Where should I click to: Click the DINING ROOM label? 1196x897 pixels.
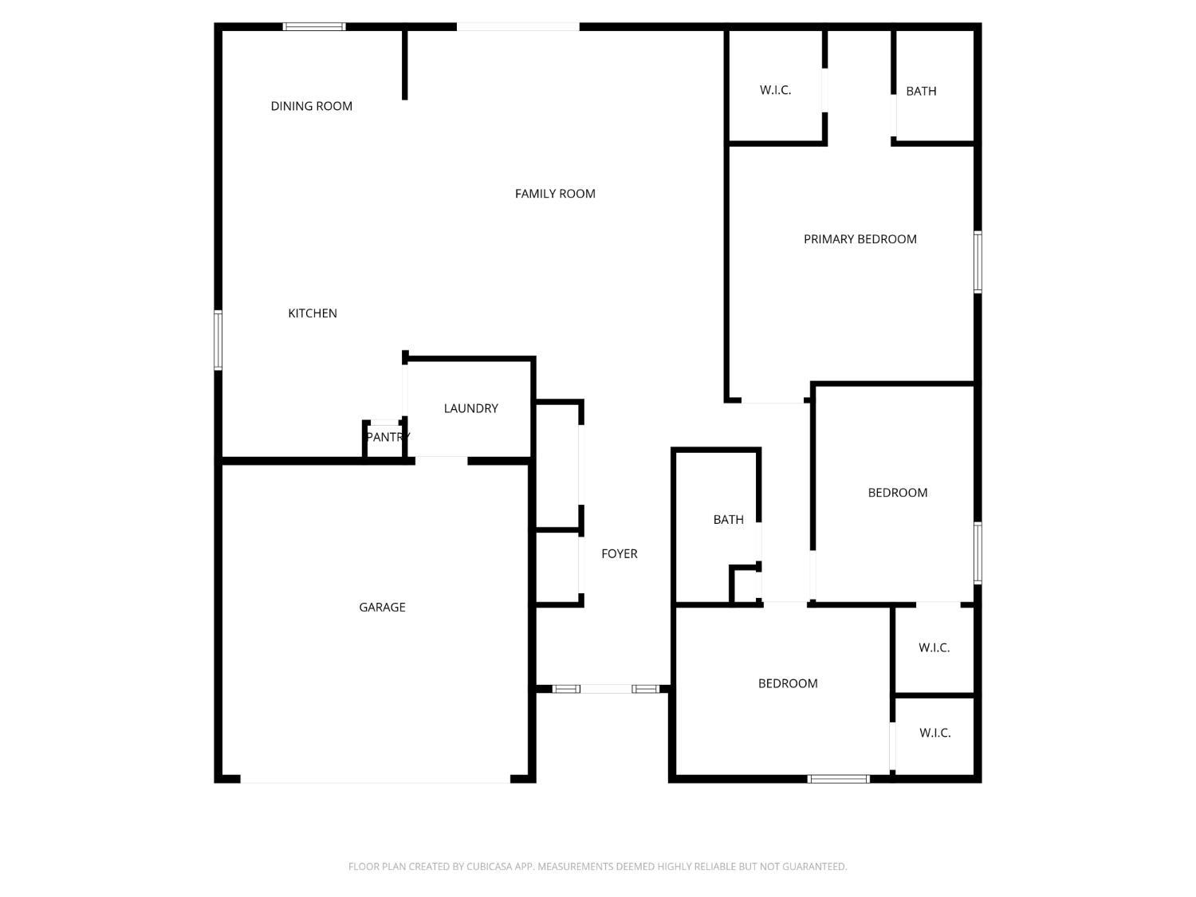coord(311,106)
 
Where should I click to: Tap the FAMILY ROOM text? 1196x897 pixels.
coord(555,194)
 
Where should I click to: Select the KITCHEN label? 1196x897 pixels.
coord(313,313)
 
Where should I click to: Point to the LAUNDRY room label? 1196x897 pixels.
coord(470,408)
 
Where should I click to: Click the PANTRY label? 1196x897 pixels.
coord(388,437)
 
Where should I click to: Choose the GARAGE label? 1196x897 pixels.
coord(382,608)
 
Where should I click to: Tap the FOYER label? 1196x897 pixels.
coord(620,554)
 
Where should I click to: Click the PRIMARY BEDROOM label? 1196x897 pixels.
coord(860,239)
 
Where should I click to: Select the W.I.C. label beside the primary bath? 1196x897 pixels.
coord(775,91)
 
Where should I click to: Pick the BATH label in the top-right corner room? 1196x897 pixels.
coord(921,92)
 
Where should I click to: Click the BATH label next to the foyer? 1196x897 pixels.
coord(728,520)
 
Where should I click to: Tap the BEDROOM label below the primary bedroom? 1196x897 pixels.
coord(898,493)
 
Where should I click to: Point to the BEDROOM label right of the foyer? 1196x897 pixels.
coord(788,683)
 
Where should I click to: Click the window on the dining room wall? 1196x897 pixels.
coord(315,27)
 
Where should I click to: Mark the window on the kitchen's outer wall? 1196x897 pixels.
coord(218,340)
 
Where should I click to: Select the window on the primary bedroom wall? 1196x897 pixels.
coord(978,262)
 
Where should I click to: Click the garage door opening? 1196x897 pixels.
coord(375,779)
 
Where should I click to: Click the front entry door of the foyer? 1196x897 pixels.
coord(606,689)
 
